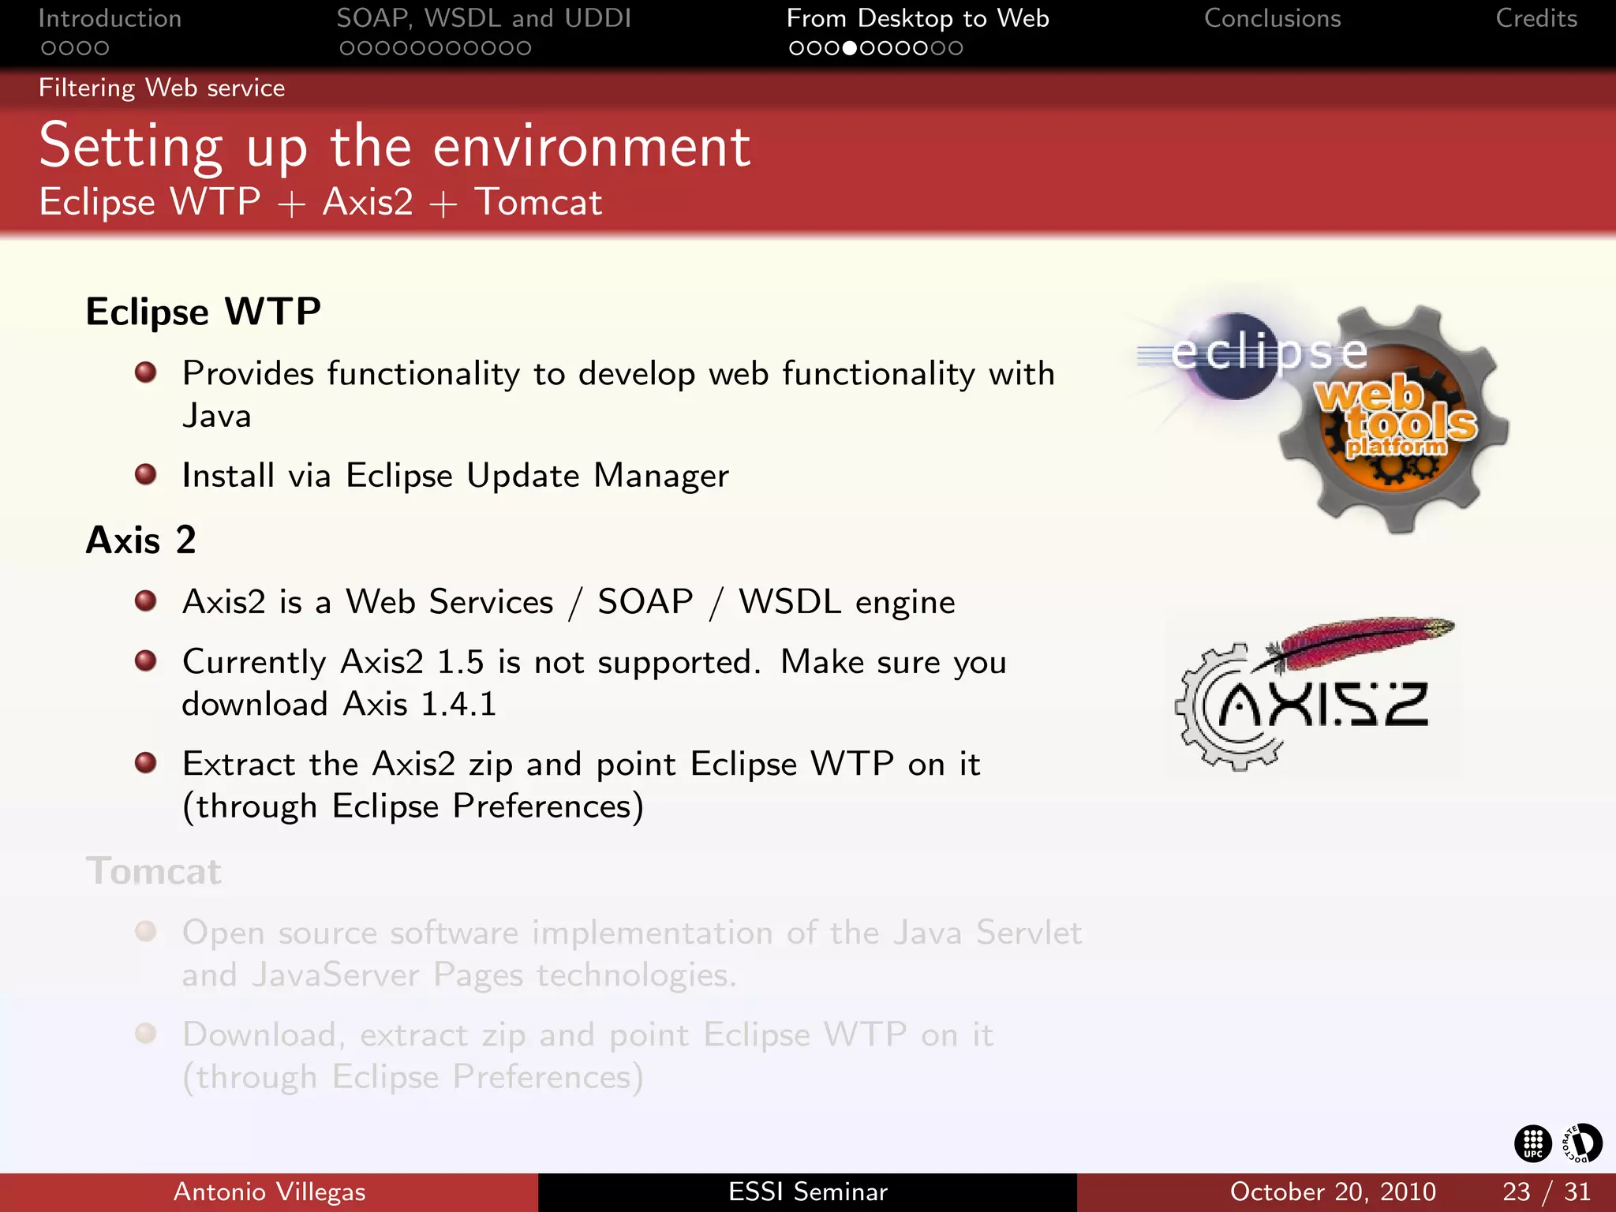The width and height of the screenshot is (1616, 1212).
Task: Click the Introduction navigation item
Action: coord(110,19)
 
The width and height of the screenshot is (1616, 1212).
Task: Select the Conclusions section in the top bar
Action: coord(1272,19)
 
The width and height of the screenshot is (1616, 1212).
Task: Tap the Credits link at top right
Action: coord(1536,19)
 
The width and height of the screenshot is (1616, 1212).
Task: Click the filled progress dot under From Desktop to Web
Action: coord(849,49)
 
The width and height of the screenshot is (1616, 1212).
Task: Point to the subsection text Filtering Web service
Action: coord(162,88)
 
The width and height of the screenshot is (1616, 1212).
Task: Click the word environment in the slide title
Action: coord(591,147)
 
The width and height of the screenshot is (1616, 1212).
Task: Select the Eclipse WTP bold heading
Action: coord(203,312)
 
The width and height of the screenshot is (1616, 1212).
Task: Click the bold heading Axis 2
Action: coord(140,541)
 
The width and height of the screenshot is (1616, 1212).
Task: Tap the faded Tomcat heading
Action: coord(154,872)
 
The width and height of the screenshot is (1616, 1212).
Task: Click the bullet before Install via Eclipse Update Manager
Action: coord(145,474)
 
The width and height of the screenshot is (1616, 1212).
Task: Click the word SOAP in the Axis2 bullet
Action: coord(645,602)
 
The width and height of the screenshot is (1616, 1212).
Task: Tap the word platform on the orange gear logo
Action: coord(1396,447)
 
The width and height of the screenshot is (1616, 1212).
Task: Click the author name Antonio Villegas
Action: coord(269,1191)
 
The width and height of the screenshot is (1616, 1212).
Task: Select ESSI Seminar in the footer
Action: coord(807,1191)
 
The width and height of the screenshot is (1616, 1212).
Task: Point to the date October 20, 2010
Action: coord(1332,1191)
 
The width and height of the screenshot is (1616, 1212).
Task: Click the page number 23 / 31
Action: coord(1546,1191)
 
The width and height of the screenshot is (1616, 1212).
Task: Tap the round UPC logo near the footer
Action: coord(1532,1143)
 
